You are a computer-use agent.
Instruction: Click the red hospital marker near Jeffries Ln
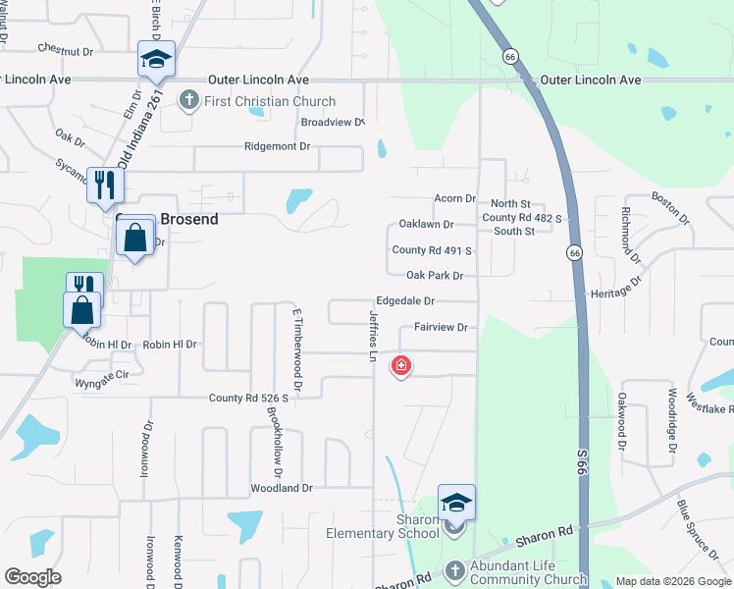coord(400,367)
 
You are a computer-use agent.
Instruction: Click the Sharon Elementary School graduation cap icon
coord(456,503)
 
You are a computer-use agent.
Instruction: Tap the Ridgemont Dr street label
coord(277,146)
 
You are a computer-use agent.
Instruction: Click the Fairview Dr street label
coord(441,327)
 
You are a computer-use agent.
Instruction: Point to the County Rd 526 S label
coord(248,398)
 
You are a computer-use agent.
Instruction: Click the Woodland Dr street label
coord(281,487)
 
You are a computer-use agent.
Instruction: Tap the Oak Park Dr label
coord(434,276)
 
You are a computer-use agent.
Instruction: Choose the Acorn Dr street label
coord(454,198)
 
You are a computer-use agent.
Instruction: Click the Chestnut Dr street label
coord(65,48)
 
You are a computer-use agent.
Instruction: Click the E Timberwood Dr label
coord(294,350)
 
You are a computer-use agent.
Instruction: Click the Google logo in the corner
coord(33,577)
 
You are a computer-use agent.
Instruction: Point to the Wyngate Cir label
coord(102,376)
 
